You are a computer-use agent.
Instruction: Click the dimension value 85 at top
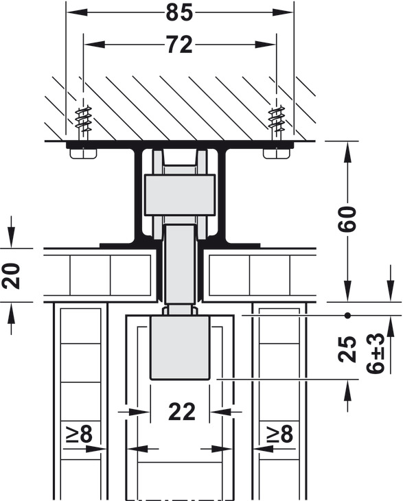coord(179,13)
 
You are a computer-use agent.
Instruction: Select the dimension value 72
coord(180,45)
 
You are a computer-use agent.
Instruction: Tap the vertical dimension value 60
coord(347,218)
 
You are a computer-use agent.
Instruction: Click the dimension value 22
coord(181,412)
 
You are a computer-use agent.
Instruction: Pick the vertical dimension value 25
coord(347,349)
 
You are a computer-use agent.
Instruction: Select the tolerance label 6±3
coord(375,353)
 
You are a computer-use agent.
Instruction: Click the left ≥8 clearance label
coord(80,434)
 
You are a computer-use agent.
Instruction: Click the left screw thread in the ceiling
coord(83,120)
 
